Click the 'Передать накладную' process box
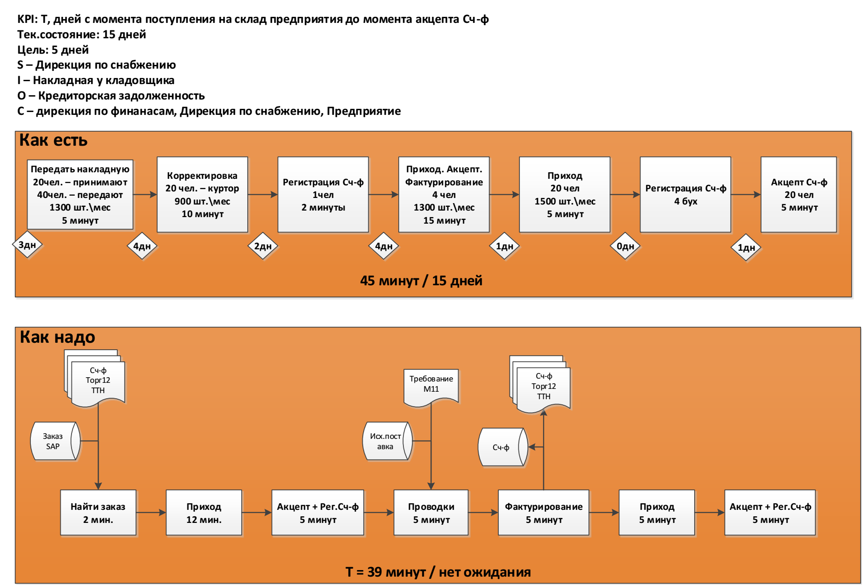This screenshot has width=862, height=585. click(x=80, y=195)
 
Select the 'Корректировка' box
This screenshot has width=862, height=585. click(x=202, y=195)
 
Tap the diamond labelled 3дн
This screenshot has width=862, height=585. click(x=27, y=245)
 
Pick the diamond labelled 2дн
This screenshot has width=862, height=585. click(x=263, y=246)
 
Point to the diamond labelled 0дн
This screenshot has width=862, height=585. click(x=625, y=246)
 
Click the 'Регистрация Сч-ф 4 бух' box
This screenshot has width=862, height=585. click(x=685, y=195)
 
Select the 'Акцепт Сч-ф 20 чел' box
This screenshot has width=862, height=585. click(x=798, y=195)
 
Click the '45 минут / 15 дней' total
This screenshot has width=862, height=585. click(x=421, y=281)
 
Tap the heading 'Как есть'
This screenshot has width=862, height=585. click(x=53, y=140)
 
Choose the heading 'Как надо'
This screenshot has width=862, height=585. click(x=57, y=337)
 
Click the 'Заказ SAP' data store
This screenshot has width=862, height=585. click(x=53, y=441)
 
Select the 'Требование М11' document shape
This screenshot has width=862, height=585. click(x=431, y=387)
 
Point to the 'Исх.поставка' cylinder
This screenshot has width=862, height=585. click(x=386, y=441)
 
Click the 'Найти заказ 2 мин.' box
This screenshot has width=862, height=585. click(x=98, y=513)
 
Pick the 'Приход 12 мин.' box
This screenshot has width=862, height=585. click(x=204, y=513)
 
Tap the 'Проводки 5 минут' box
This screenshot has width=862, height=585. click(x=431, y=513)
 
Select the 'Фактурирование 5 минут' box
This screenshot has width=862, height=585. click(x=544, y=513)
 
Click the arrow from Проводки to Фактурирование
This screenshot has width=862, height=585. click(x=483, y=513)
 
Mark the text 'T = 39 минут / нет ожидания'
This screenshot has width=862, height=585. click(x=438, y=572)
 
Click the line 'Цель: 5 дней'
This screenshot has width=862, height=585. click(x=53, y=50)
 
